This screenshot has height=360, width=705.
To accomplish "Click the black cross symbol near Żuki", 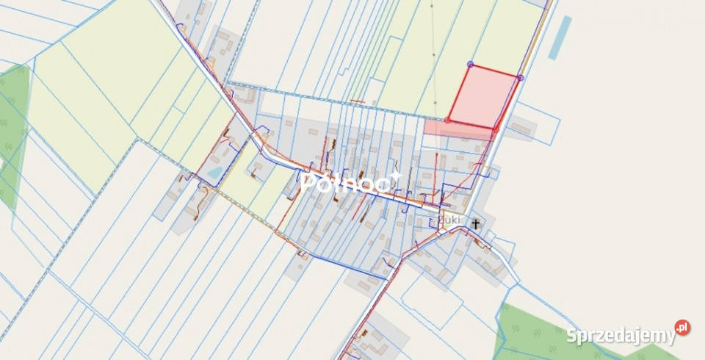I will click(476, 223).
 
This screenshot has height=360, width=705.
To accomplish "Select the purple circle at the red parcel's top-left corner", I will click(470, 65).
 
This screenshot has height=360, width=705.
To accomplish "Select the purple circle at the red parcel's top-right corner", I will click(520, 77).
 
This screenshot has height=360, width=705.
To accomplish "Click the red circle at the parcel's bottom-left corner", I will click(448, 120).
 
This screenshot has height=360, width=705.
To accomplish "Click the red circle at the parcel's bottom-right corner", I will click(496, 129).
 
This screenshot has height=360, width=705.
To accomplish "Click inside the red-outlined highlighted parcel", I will click(483, 97).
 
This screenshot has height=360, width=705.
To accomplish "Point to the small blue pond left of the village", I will click(214, 173).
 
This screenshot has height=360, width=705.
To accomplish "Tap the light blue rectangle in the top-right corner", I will click(561, 37).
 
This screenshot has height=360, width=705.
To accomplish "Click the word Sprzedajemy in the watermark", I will click(620, 336).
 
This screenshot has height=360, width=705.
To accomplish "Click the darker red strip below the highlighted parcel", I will click(455, 128).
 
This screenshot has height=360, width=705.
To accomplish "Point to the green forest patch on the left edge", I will click(13, 132).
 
